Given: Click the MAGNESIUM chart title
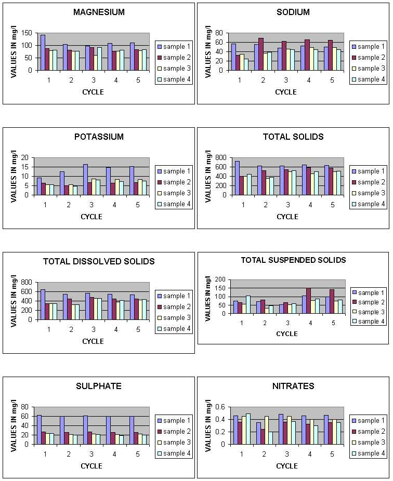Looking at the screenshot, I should (x=99, y=12).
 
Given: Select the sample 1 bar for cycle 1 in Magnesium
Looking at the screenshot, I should (x=43, y=52).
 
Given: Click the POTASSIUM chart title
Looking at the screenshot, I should (x=99, y=137).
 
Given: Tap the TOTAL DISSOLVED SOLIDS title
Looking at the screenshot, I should (x=99, y=261).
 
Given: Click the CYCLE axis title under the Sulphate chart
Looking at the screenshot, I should (x=91, y=466).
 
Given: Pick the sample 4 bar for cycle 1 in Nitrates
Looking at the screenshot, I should (x=248, y=429).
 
